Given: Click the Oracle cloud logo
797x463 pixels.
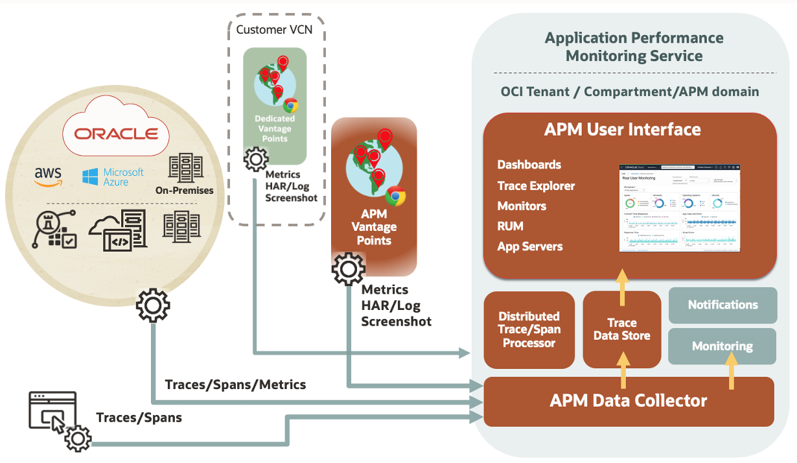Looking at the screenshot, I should (116, 134).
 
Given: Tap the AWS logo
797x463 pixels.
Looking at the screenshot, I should (48, 176).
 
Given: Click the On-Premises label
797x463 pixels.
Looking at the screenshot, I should (185, 191).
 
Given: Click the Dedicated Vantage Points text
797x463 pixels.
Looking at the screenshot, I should (275, 128).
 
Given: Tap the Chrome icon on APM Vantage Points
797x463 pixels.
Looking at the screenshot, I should (395, 196).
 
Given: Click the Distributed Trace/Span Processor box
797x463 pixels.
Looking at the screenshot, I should (529, 329).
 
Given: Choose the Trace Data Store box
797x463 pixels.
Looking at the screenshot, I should (621, 329).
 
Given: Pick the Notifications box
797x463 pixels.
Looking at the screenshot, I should (722, 305).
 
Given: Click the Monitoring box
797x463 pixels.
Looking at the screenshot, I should (722, 346).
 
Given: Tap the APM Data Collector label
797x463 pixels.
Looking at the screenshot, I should (629, 401).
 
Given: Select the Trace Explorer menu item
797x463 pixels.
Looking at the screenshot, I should (536, 186).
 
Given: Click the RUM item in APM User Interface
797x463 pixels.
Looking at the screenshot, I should (510, 226).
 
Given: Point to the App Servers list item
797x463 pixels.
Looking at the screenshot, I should (529, 246).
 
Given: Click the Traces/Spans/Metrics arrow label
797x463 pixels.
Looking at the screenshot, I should (235, 385).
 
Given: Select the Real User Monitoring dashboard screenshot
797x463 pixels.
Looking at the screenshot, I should (679, 208).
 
